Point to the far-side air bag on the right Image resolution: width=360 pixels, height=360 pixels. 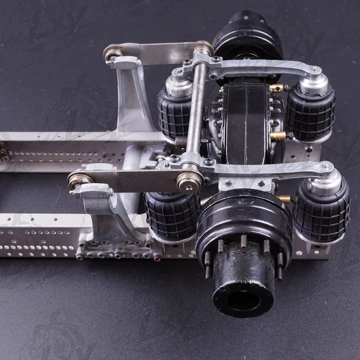coord(311,111)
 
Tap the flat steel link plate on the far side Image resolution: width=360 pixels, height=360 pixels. coord(157,50)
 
